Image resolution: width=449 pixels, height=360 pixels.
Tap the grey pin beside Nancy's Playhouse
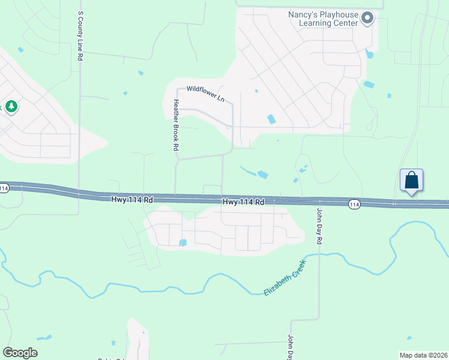[x=368, y=19]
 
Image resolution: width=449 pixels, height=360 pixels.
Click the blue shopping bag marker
[x=411, y=180]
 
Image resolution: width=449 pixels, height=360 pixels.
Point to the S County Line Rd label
[x=80, y=35]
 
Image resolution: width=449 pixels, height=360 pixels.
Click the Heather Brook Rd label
[x=176, y=125]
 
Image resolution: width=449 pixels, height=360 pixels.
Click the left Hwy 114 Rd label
[x=133, y=199]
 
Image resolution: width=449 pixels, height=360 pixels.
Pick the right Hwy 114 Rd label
[x=243, y=202]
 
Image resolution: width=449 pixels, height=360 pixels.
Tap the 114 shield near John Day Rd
[x=354, y=205]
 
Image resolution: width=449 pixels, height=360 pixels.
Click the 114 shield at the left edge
[x=4, y=188]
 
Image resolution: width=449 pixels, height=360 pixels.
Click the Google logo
[x=20, y=353]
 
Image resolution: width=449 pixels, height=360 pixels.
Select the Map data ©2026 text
[x=423, y=355]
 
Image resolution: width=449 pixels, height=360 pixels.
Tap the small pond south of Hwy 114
[x=182, y=242]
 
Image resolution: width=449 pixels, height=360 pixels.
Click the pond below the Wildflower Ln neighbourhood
[x=262, y=175]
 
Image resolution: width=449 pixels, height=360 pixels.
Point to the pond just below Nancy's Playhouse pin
[x=369, y=55]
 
